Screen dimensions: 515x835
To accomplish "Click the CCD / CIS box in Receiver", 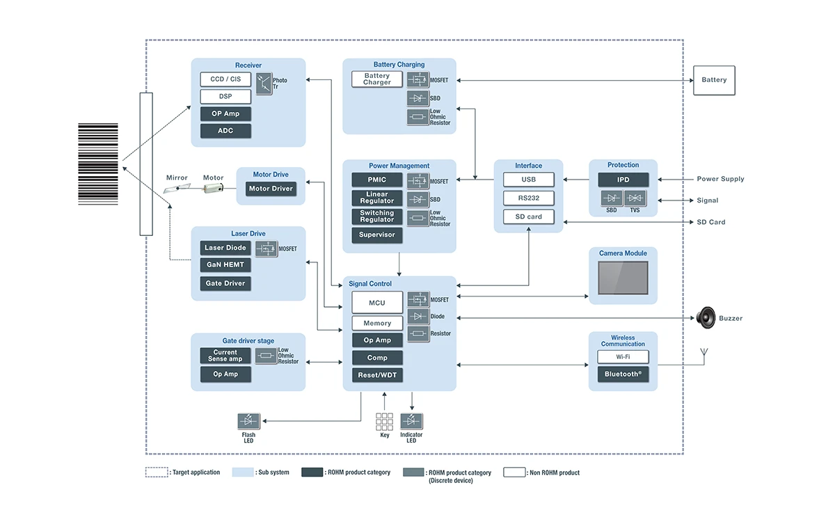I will pyautogui.click(x=225, y=79).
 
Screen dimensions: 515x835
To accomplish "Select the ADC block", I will pyautogui.click(x=225, y=131).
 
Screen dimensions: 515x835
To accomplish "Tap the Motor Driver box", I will pyautogui.click(x=271, y=189).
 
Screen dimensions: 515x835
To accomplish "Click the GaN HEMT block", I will pyautogui.click(x=225, y=265).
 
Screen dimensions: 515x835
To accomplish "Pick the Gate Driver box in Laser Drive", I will pyautogui.click(x=225, y=283).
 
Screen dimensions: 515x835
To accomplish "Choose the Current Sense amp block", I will pyautogui.click(x=225, y=356).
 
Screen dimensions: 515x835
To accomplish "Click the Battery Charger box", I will pyautogui.click(x=377, y=79).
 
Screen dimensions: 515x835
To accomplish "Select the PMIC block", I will pyautogui.click(x=377, y=180).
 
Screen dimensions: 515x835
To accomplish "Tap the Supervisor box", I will pyautogui.click(x=377, y=235).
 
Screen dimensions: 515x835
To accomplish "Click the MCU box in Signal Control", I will pyautogui.click(x=377, y=303).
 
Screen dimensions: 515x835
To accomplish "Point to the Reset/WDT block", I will pyautogui.click(x=377, y=376).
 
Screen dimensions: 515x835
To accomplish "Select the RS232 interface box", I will pyautogui.click(x=529, y=198).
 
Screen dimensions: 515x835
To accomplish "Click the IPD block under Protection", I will pyautogui.click(x=623, y=180).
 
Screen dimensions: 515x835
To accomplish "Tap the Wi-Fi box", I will pyautogui.click(x=623, y=357).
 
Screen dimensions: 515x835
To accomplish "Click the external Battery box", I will pyautogui.click(x=714, y=80).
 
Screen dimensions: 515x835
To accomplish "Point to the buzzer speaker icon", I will pyautogui.click(x=706, y=318).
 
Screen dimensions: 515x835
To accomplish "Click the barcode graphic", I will pyautogui.click(x=98, y=164).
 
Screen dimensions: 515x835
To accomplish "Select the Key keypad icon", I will pyautogui.click(x=384, y=421).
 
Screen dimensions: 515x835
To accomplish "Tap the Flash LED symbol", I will pyautogui.click(x=248, y=421).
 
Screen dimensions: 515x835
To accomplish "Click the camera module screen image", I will pyautogui.click(x=623, y=278).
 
